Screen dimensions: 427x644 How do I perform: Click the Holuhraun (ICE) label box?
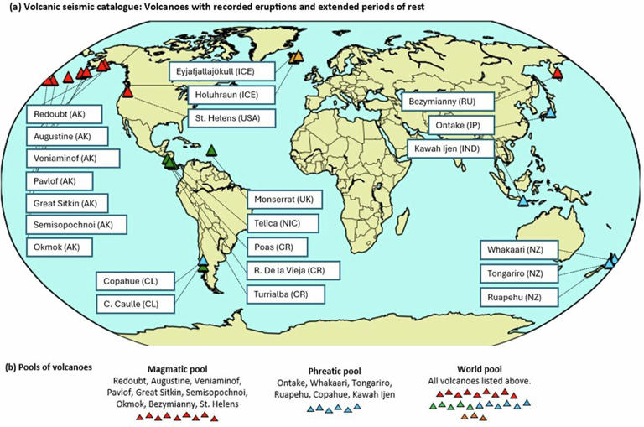pos(226,95)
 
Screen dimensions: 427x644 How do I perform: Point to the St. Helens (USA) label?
pos(226,117)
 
